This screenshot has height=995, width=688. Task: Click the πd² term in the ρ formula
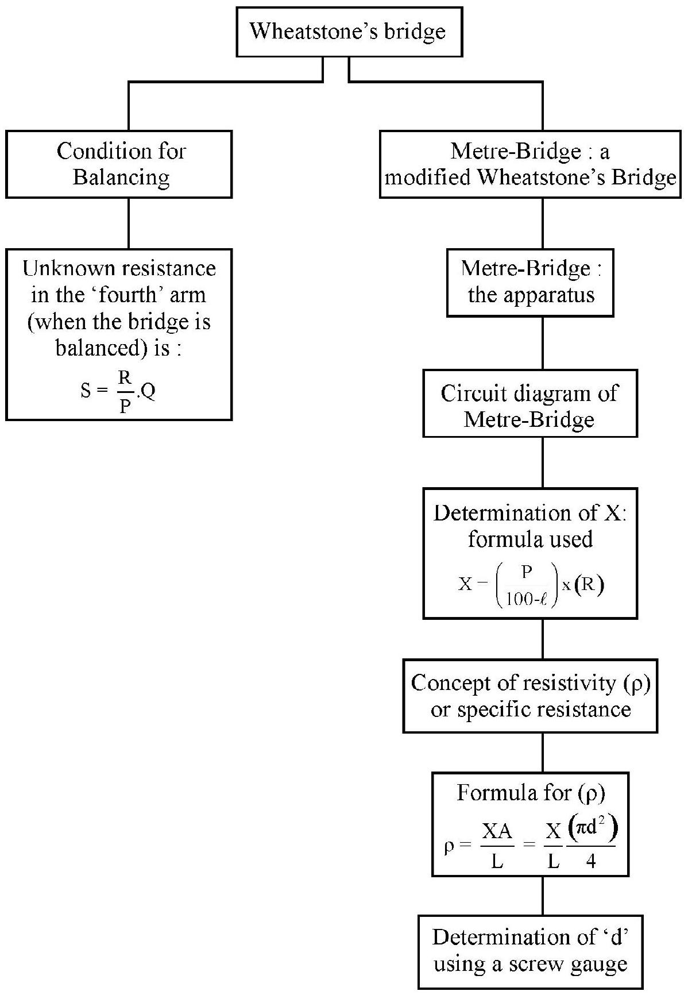tap(592, 829)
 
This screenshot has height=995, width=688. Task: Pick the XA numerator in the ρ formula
tap(497, 832)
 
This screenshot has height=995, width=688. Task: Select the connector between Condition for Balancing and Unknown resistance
tap(128, 223)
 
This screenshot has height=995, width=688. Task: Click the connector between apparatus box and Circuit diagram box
tap(543, 343)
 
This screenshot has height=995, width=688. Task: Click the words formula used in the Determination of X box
tap(530, 539)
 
